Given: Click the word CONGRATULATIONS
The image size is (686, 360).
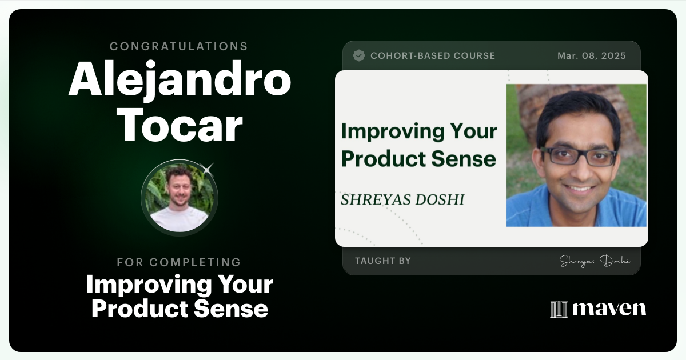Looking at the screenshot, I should [179, 46].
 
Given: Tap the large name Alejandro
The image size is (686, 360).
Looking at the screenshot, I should [180, 81].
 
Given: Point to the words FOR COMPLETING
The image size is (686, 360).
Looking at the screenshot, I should [179, 262].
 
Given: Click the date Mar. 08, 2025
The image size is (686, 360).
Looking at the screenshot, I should [592, 56].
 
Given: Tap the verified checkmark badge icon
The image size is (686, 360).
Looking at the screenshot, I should [359, 56].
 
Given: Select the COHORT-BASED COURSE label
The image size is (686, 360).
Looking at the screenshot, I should [432, 56].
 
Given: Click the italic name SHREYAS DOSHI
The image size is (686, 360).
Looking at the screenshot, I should [402, 199].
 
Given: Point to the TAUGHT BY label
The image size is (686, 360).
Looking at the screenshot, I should [382, 261].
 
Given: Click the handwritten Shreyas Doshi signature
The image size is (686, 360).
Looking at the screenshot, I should [595, 261].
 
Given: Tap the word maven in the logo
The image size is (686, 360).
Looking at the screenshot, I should [609, 309].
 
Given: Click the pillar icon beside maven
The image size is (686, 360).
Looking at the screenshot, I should [559, 309].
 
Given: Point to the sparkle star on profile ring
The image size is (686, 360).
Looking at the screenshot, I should [208, 168].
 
